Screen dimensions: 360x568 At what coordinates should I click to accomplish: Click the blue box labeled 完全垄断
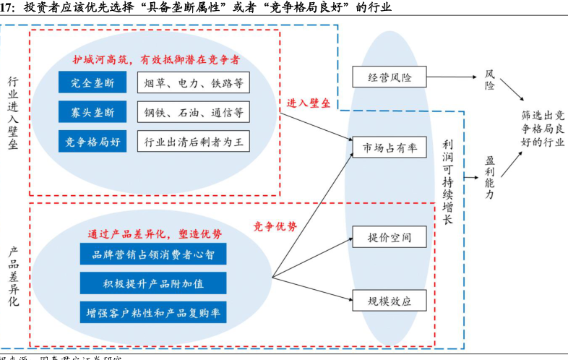coord(92,82)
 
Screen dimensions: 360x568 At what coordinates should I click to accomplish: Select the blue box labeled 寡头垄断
coord(92,112)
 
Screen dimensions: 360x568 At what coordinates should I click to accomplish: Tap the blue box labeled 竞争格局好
coord(92,142)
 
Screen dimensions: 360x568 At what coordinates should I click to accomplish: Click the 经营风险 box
coord(390,77)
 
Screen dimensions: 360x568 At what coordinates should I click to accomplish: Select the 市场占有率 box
coord(390,147)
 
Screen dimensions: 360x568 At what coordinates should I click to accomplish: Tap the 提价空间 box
coord(390,236)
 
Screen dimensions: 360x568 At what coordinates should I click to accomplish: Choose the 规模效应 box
coord(390,299)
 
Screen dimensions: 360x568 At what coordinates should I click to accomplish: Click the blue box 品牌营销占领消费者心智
coord(153,254)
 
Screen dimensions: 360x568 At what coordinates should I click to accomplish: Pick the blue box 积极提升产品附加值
coord(153,283)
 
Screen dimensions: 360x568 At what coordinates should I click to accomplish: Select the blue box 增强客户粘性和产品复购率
coord(153,312)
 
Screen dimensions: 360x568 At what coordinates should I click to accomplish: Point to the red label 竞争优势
coord(275,226)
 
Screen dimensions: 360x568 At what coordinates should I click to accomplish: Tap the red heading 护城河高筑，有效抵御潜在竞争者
coord(157,59)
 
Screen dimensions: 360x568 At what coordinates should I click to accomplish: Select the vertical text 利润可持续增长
coord(448,181)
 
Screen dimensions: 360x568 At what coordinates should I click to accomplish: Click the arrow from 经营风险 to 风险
coord(452,77)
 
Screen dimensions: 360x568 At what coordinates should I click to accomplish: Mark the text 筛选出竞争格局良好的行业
coord(543,129)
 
